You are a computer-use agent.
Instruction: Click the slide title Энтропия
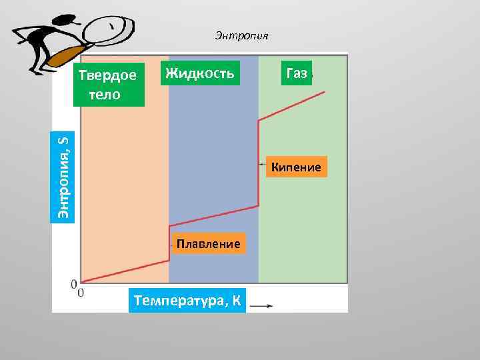(241, 35)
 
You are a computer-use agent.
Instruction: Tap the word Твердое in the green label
(108, 75)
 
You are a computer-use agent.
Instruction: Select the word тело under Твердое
(103, 94)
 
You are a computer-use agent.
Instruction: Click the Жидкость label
(200, 73)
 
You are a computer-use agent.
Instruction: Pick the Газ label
(296, 73)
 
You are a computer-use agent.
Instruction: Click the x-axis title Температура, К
(188, 301)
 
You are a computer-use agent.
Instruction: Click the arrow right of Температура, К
(261, 306)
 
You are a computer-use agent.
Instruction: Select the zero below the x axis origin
(81, 293)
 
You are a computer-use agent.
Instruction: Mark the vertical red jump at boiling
(259, 163)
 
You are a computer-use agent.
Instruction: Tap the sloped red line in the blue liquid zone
(213, 216)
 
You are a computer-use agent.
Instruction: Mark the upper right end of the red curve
(325, 92)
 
